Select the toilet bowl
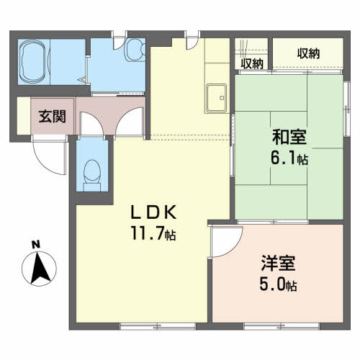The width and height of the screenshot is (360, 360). tap(92, 171)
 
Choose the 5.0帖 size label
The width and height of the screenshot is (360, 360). tap(278, 285)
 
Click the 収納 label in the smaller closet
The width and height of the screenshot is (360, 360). tap(252, 63)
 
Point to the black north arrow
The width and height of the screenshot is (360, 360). tap(40, 270)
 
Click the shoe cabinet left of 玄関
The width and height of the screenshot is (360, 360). tap(24, 117)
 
